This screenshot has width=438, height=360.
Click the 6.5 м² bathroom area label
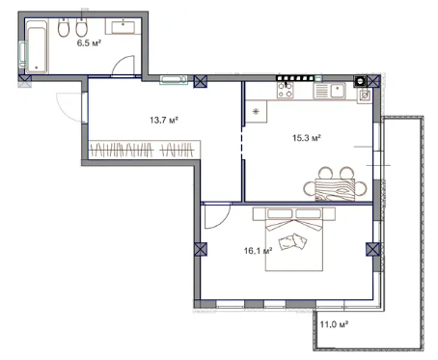click(89, 42)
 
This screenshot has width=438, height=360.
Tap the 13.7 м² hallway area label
click(164, 120)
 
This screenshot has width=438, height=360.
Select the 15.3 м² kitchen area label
click(306, 138)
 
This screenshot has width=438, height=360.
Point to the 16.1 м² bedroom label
click(258, 250)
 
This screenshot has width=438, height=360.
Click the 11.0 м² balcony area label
click(334, 324)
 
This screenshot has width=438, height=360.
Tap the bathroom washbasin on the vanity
click(123, 27)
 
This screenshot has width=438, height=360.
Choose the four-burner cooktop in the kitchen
click(286, 90)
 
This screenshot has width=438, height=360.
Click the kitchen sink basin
click(338, 91)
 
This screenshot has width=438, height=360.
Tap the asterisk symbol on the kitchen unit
click(256, 112)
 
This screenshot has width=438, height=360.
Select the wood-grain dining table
click(335, 189)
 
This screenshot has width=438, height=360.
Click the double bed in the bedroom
click(294, 239)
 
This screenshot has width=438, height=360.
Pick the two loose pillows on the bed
click(292, 241)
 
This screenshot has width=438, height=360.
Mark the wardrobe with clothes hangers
click(144, 150)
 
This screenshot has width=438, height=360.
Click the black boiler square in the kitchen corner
click(360, 81)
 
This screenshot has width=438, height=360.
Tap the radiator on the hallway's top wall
click(174, 79)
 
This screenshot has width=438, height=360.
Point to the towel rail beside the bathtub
click(22, 55)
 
